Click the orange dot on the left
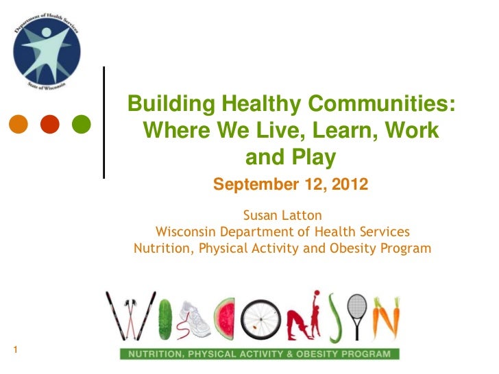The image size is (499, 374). click(x=19, y=125)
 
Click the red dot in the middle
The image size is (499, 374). click(x=49, y=125)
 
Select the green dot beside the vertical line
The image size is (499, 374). click(x=81, y=125)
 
